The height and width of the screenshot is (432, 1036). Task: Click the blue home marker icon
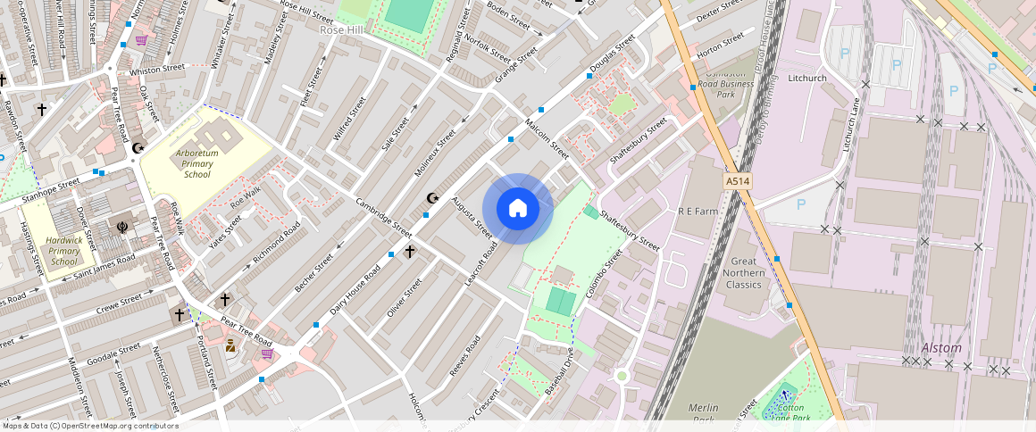518,209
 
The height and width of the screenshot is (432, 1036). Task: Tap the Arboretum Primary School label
196,163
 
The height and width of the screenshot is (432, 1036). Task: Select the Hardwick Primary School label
64,250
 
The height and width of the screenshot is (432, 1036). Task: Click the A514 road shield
738,181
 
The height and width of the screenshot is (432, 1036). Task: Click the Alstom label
942,348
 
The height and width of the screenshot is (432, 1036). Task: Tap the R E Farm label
698,212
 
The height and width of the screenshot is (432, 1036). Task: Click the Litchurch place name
808,79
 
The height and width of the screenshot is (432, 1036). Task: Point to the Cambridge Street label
383,216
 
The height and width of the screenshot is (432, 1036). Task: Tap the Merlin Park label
704,413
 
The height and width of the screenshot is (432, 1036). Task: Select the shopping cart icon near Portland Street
266,353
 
